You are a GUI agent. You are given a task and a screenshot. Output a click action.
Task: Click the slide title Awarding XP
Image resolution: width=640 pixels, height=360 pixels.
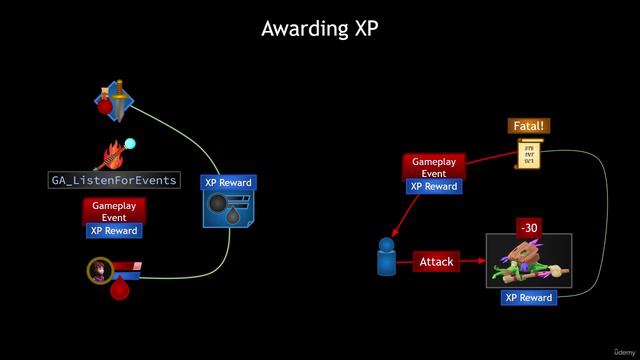[x=320, y=28]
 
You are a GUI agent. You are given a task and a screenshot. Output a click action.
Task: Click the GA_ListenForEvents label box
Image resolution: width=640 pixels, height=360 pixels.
[x=115, y=180]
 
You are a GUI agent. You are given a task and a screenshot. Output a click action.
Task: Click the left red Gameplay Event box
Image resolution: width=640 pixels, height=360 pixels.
[x=114, y=210]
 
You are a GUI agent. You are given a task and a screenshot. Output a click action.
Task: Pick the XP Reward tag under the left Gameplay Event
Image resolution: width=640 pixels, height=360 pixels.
[x=114, y=230]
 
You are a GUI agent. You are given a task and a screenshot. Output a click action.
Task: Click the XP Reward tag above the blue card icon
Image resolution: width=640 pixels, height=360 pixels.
[x=228, y=183]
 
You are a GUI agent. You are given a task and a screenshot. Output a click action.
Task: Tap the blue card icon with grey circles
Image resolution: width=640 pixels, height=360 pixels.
[x=228, y=210]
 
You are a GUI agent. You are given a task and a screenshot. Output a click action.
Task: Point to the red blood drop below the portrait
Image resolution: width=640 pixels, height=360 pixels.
[x=120, y=290]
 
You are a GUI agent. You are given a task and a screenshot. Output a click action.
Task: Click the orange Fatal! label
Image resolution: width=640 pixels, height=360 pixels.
[x=529, y=127]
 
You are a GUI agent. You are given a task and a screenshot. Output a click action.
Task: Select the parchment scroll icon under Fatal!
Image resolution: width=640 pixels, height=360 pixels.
[x=529, y=154]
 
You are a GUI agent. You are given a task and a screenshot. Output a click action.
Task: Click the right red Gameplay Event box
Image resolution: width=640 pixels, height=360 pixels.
[x=433, y=167]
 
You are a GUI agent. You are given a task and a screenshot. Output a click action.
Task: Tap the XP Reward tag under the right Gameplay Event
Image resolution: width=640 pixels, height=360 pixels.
[x=433, y=186]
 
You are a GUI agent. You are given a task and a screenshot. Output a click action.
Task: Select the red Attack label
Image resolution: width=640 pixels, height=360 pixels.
[x=436, y=262]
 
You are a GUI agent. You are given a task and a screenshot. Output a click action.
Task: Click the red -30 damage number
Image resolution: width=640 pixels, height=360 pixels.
[x=529, y=228]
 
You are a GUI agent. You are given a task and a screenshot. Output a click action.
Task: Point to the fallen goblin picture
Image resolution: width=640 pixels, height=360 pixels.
[x=529, y=262]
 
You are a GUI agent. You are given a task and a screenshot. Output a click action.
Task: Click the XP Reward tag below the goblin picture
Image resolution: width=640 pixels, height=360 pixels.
[x=529, y=298]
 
